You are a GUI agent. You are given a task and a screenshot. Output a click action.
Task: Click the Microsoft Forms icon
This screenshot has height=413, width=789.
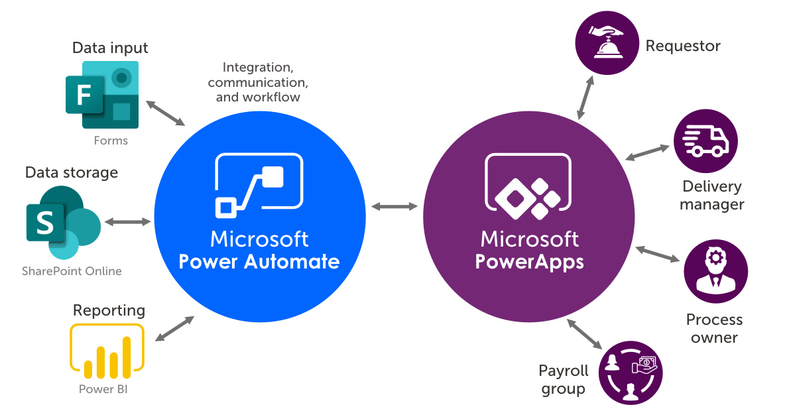tap(103, 95)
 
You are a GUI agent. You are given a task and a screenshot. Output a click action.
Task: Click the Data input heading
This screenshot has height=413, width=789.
tap(110, 48)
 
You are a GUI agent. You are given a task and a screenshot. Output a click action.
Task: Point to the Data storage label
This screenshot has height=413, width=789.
tap(72, 172)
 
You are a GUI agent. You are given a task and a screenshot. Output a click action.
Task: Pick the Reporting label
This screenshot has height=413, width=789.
tap(109, 310)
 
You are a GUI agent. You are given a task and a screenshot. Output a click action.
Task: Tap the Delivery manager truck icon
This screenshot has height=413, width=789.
tap(705, 141)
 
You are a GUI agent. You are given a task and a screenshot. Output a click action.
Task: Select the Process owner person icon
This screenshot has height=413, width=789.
tap(715, 272)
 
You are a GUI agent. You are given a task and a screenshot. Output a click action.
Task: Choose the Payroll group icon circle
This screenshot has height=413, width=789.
tap(631, 373)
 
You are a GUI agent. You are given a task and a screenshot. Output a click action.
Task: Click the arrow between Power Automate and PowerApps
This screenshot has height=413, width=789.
tap(394, 207)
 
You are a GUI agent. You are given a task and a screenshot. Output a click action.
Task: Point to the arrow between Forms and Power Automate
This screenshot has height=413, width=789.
tap(166, 113)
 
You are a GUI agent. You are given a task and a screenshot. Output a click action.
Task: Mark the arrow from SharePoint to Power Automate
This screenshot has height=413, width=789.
tap(128, 221)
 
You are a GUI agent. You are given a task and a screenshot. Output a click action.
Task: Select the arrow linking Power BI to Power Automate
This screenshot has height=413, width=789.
tap(174, 329)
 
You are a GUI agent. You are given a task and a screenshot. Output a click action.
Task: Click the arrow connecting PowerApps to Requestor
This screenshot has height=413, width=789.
tap(585, 97)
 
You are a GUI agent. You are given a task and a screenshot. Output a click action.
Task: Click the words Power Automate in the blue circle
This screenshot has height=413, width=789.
tap(259, 261)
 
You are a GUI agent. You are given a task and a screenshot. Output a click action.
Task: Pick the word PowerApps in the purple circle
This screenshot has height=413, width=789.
tap(529, 261)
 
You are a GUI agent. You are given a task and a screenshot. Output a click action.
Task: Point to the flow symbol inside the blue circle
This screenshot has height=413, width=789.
tap(259, 185)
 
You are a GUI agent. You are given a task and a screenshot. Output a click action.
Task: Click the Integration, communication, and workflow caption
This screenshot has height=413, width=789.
tap(258, 82)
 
